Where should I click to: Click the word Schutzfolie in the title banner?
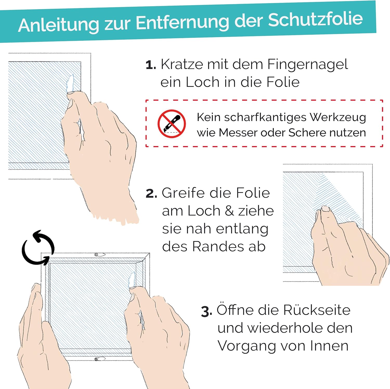[315, 20]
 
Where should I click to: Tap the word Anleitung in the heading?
[59, 25]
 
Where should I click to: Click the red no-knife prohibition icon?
[172, 124]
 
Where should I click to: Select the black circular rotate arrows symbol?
[38, 248]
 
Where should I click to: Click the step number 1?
[151, 65]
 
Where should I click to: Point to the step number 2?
[151, 194]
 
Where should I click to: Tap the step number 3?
[207, 311]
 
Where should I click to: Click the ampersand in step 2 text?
[229, 211]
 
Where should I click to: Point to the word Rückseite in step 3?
[317, 310]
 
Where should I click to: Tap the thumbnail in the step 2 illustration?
[326, 209]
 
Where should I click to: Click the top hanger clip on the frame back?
[99, 255]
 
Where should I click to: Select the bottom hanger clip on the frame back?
[100, 359]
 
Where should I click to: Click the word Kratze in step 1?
[182, 64]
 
